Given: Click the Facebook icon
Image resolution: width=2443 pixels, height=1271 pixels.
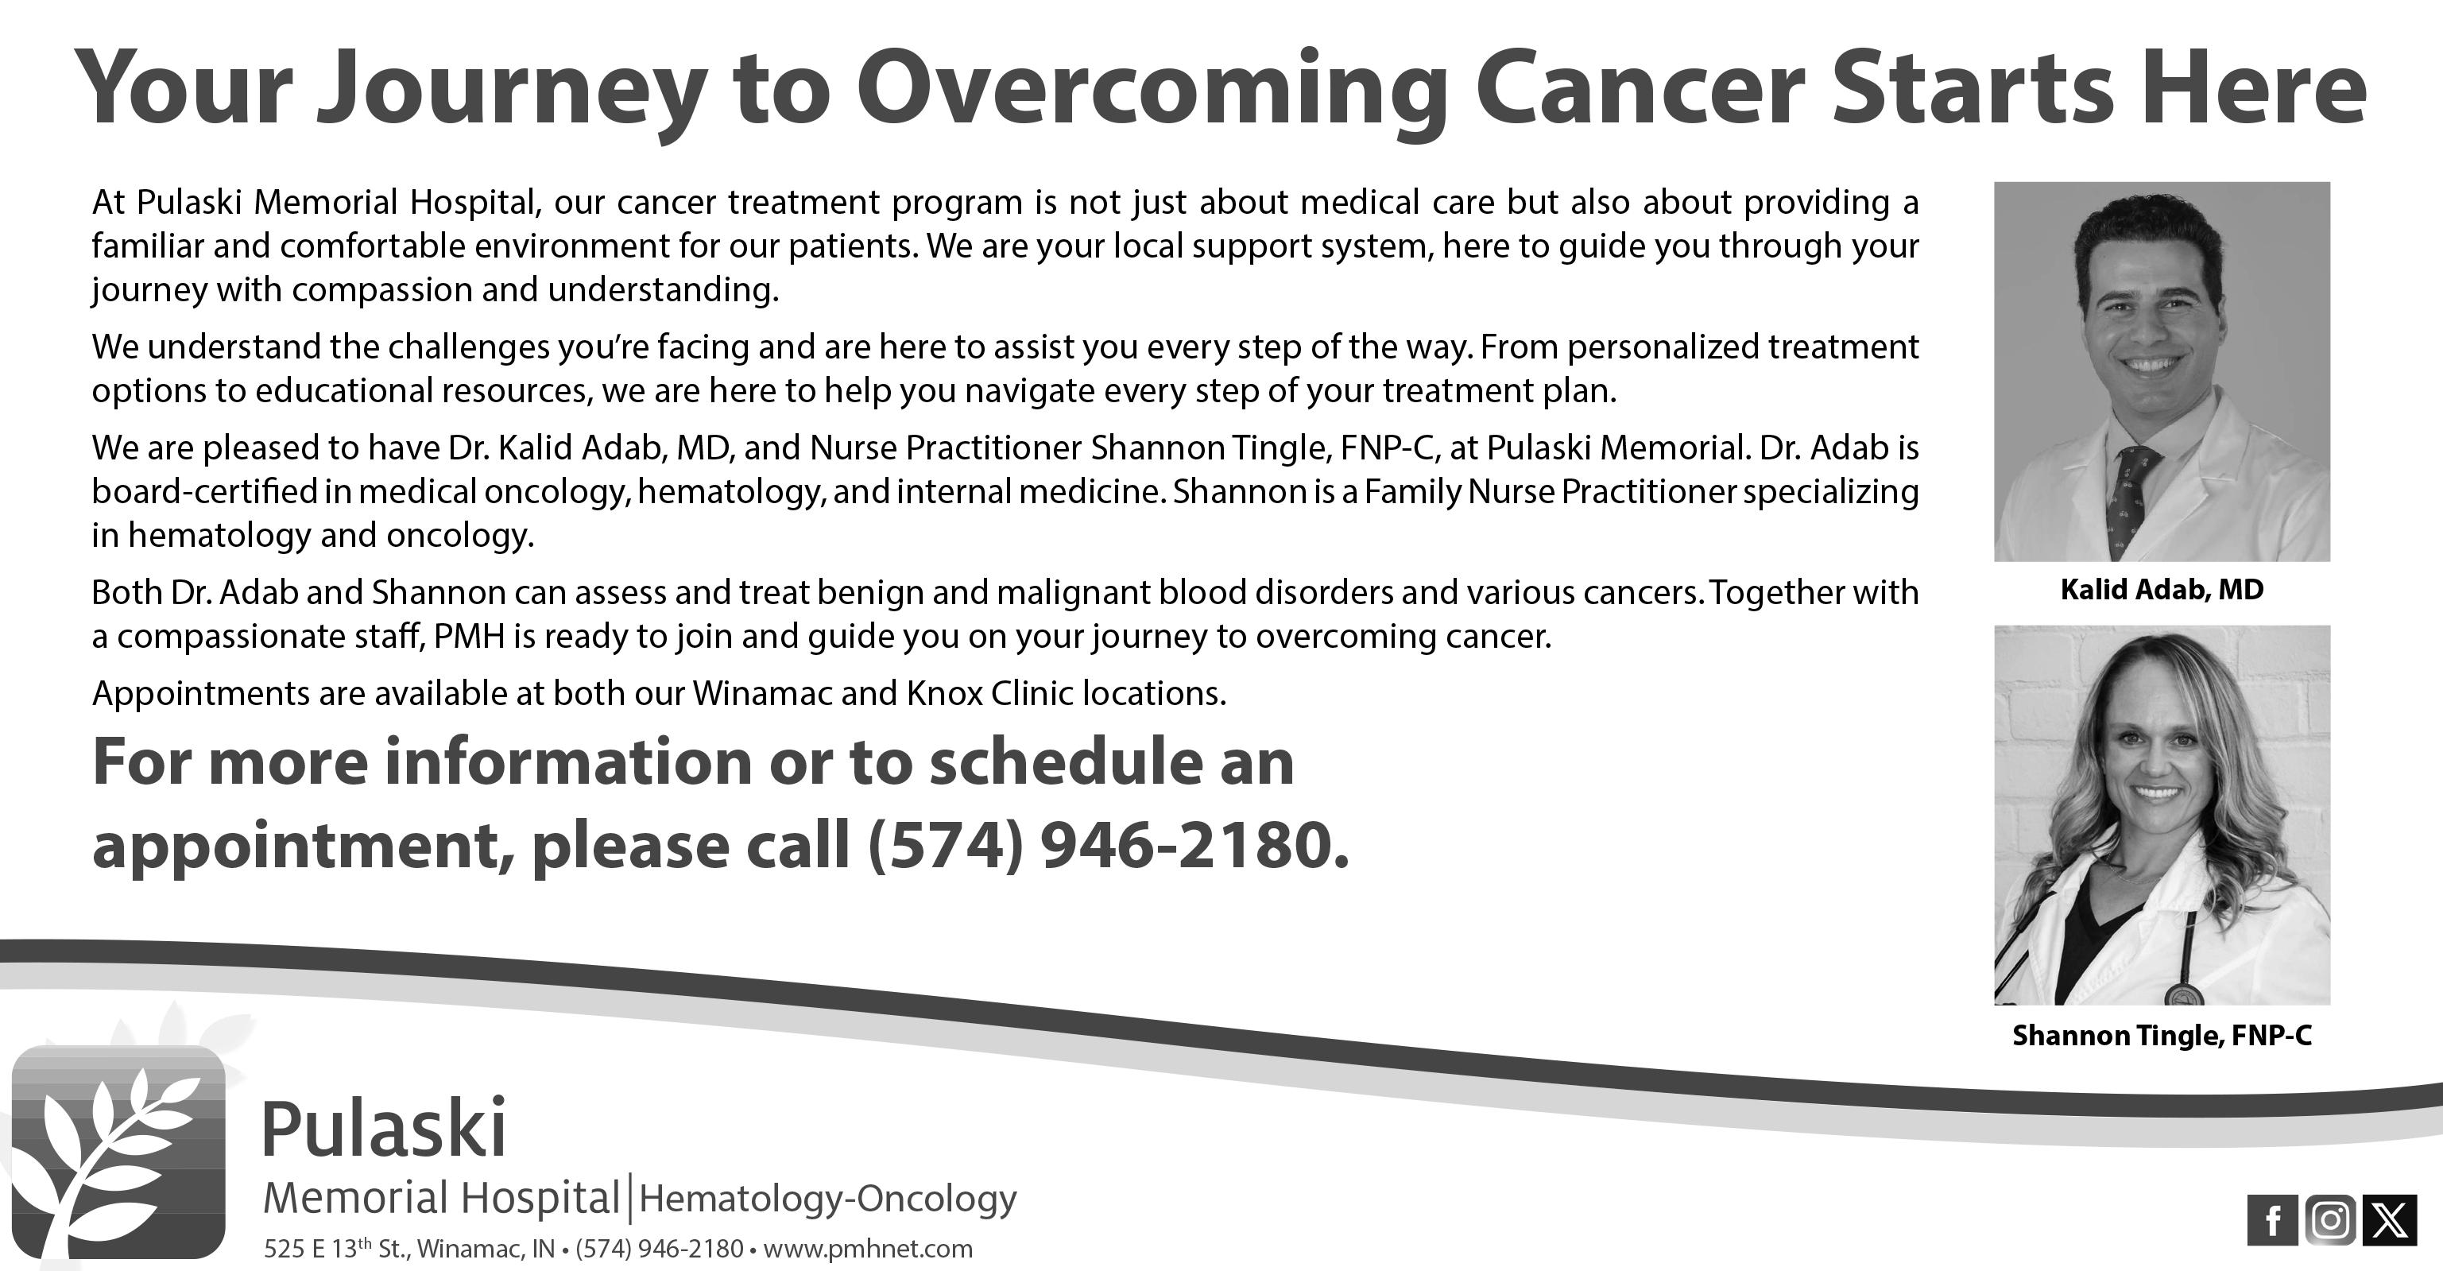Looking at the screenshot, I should tap(2272, 1221).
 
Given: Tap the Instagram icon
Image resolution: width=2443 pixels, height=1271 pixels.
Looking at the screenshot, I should tap(2329, 1221).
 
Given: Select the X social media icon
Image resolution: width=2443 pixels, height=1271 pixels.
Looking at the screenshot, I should tap(2388, 1221).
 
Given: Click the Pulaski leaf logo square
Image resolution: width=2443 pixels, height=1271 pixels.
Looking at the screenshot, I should tap(118, 1152).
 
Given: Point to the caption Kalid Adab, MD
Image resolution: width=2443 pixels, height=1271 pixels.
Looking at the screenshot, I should tap(2162, 590).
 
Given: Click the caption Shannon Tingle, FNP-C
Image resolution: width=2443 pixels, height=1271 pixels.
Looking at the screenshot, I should tap(2162, 1035).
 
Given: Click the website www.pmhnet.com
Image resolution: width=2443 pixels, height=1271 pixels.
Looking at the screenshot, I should tap(867, 1248).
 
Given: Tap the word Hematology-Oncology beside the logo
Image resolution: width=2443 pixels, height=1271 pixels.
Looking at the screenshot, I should tap(827, 1198).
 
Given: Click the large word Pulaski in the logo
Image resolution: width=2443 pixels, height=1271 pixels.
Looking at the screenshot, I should tap(383, 1128).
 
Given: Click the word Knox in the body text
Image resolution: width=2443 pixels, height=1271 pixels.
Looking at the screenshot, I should tap(943, 693).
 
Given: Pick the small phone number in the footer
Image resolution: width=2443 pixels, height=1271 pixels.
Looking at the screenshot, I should tap(658, 1248).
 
